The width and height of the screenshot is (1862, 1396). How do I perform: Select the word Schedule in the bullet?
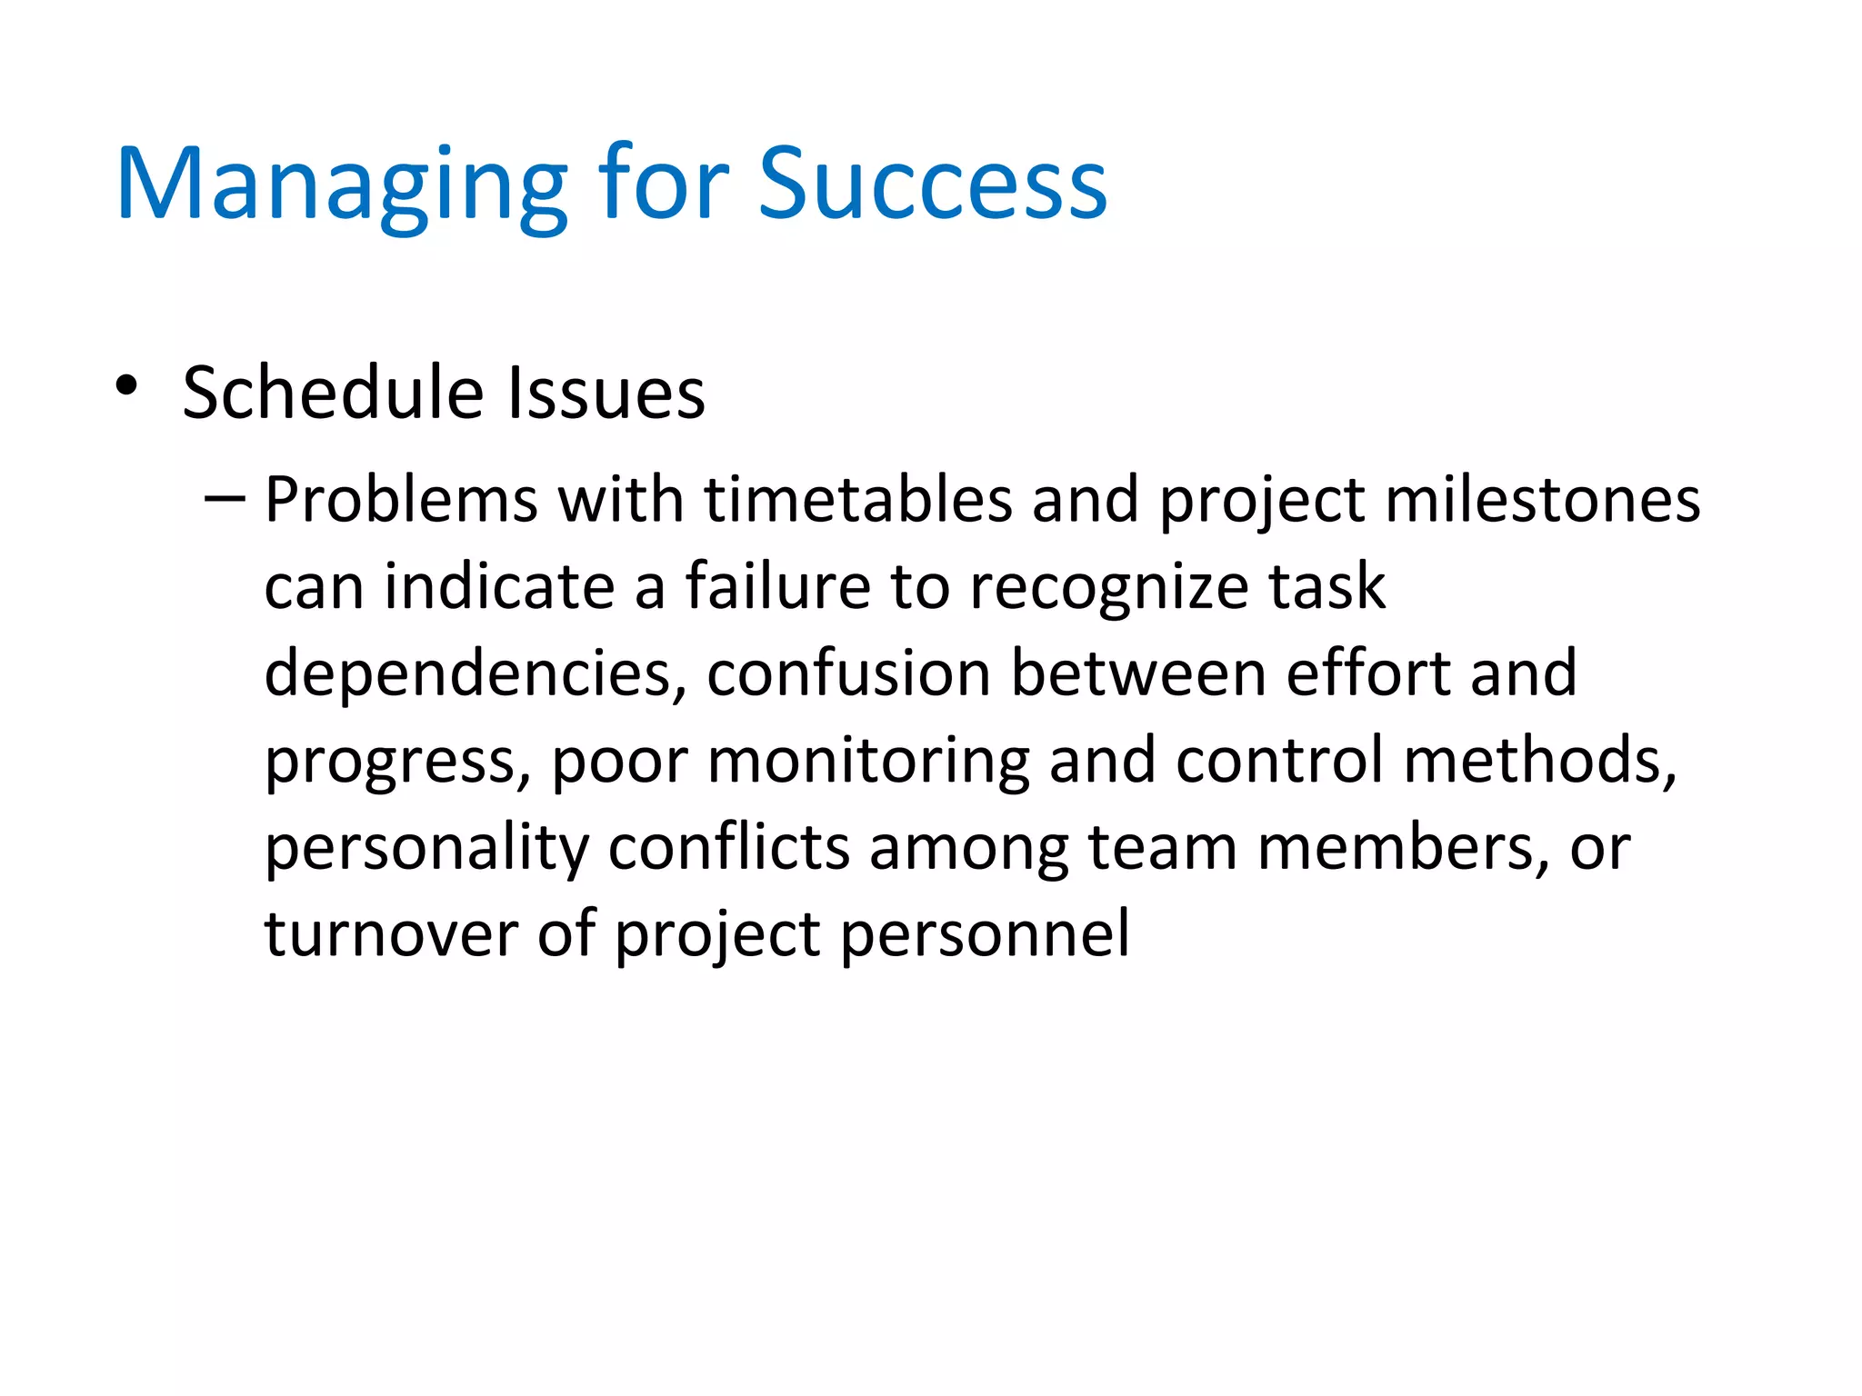333,393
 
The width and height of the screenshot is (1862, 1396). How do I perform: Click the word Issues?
606,393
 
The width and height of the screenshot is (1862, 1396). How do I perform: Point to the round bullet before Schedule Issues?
126,385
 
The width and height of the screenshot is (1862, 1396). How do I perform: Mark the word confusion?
848,673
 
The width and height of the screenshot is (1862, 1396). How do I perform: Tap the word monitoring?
868,761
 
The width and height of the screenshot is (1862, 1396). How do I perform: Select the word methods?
1539,761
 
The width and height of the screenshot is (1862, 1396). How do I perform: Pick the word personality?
426,849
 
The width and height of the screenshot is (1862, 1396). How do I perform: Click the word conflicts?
728,847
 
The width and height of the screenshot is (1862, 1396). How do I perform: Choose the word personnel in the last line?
985,934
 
